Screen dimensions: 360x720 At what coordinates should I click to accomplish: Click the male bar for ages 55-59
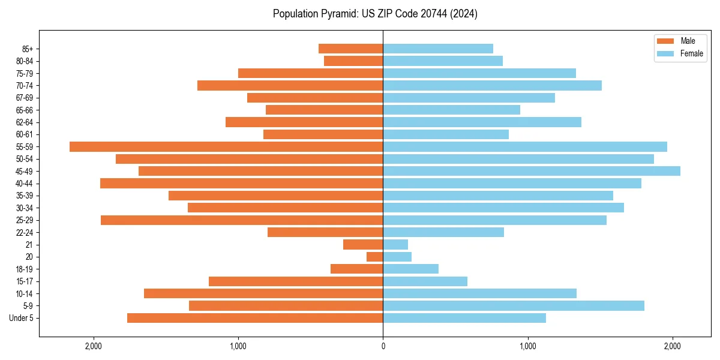click(x=226, y=146)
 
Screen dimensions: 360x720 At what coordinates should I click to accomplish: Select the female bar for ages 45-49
click(x=532, y=171)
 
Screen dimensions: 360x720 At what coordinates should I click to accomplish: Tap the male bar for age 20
click(x=375, y=257)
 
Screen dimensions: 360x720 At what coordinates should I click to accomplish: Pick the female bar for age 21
click(x=395, y=244)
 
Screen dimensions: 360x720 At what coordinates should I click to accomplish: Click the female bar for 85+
click(x=438, y=49)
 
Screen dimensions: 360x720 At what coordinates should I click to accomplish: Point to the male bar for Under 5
click(x=255, y=318)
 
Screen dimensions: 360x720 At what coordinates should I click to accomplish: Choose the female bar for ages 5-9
click(x=514, y=305)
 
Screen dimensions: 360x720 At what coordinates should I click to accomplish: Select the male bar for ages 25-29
click(x=242, y=220)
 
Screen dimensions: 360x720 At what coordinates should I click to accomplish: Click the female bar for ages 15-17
click(x=425, y=281)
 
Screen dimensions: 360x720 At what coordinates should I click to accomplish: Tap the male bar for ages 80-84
click(x=353, y=61)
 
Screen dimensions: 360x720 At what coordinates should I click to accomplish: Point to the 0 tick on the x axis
click(x=383, y=346)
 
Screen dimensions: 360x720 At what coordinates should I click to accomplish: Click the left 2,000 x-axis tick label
click(x=94, y=346)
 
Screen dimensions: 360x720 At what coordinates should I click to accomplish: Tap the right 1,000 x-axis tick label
click(x=528, y=346)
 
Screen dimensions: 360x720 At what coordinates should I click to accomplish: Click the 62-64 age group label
click(x=25, y=122)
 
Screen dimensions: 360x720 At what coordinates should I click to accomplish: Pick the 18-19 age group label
click(x=25, y=269)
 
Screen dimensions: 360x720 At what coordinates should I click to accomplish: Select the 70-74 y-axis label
click(x=25, y=86)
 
